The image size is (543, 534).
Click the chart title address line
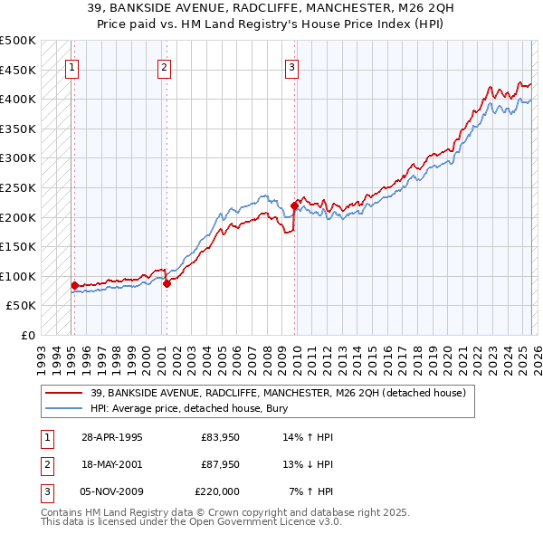(271, 8)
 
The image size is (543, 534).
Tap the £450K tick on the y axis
(18, 70)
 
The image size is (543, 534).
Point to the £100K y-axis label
(18, 276)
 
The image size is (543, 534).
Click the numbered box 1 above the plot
(71, 66)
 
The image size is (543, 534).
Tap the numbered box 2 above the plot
(164, 66)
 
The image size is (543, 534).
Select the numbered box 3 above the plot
(292, 66)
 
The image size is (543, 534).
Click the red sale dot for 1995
(74, 285)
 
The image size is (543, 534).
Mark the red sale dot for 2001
(167, 283)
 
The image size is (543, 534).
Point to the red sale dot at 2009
(294, 205)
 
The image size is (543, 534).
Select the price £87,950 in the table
(217, 464)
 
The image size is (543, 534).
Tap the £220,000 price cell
(217, 491)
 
